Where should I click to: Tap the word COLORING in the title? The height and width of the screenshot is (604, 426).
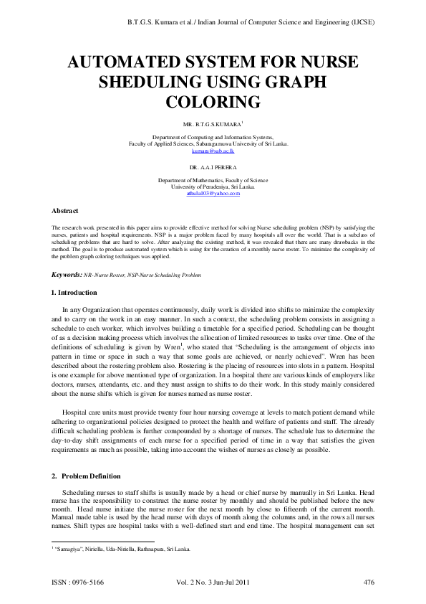click(212, 101)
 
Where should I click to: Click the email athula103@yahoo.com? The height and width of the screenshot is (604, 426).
click(213, 194)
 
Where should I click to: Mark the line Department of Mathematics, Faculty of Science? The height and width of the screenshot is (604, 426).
click(213, 180)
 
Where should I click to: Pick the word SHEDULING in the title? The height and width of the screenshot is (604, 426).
click(151, 82)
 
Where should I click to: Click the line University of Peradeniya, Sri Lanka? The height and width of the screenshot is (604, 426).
click(213, 187)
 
